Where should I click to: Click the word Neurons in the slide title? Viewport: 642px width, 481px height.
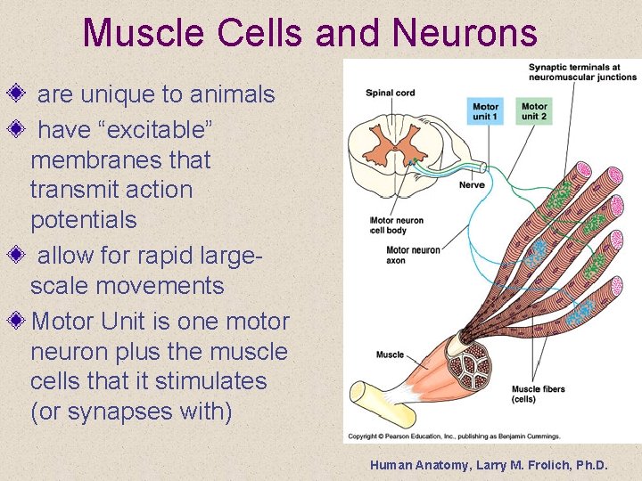464,33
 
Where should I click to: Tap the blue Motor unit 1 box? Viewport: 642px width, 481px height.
485,110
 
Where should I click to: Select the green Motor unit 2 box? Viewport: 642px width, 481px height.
534,110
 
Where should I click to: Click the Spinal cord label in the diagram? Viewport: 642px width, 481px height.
391,93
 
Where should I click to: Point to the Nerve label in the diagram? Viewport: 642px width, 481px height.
472,184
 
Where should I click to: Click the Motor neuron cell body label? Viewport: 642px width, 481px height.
398,225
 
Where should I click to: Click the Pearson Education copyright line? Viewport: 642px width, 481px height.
453,436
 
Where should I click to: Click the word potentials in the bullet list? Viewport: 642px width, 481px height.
83,220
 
